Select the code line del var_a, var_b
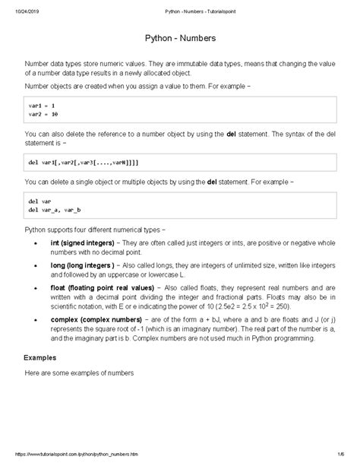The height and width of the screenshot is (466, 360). tap(59, 208)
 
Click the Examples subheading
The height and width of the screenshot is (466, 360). tap(41, 356)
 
